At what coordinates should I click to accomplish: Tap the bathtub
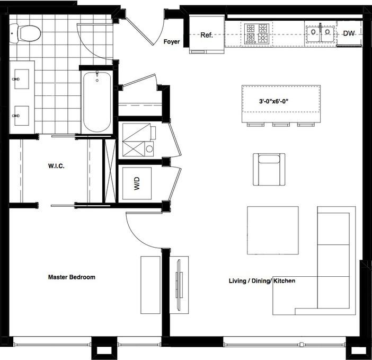point(97,102)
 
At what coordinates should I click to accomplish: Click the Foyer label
point(172,42)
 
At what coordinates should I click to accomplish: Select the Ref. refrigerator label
point(207,35)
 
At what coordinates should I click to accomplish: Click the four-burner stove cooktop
point(256,33)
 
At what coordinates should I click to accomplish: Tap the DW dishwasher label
point(349,33)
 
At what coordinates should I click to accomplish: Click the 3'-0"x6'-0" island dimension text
point(273,101)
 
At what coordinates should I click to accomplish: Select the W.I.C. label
point(56,166)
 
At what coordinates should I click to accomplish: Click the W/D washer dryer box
point(137,183)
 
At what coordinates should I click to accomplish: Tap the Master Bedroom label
point(72,277)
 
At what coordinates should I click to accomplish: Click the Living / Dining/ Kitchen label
point(262,281)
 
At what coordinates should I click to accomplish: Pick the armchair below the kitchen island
point(269,169)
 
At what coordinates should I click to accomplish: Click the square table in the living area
point(273,230)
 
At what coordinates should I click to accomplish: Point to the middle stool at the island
point(281,125)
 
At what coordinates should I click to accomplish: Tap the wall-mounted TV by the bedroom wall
point(179,285)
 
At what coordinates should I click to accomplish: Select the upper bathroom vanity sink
point(22,79)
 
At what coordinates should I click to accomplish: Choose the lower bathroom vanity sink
point(22,116)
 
